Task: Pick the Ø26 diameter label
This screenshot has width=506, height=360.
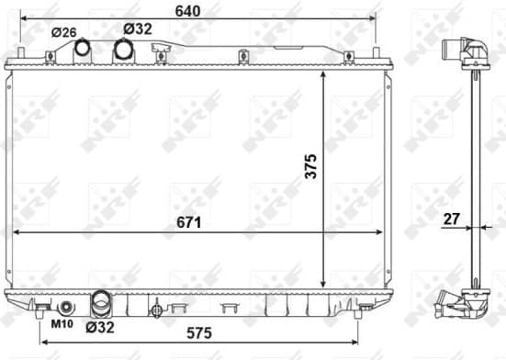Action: (64, 32)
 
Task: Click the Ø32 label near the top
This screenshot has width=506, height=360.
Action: (136, 28)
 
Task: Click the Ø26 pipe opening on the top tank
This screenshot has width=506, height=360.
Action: (83, 47)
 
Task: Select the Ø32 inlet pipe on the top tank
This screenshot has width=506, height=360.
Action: (122, 50)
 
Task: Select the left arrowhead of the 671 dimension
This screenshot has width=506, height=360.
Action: (15, 233)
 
